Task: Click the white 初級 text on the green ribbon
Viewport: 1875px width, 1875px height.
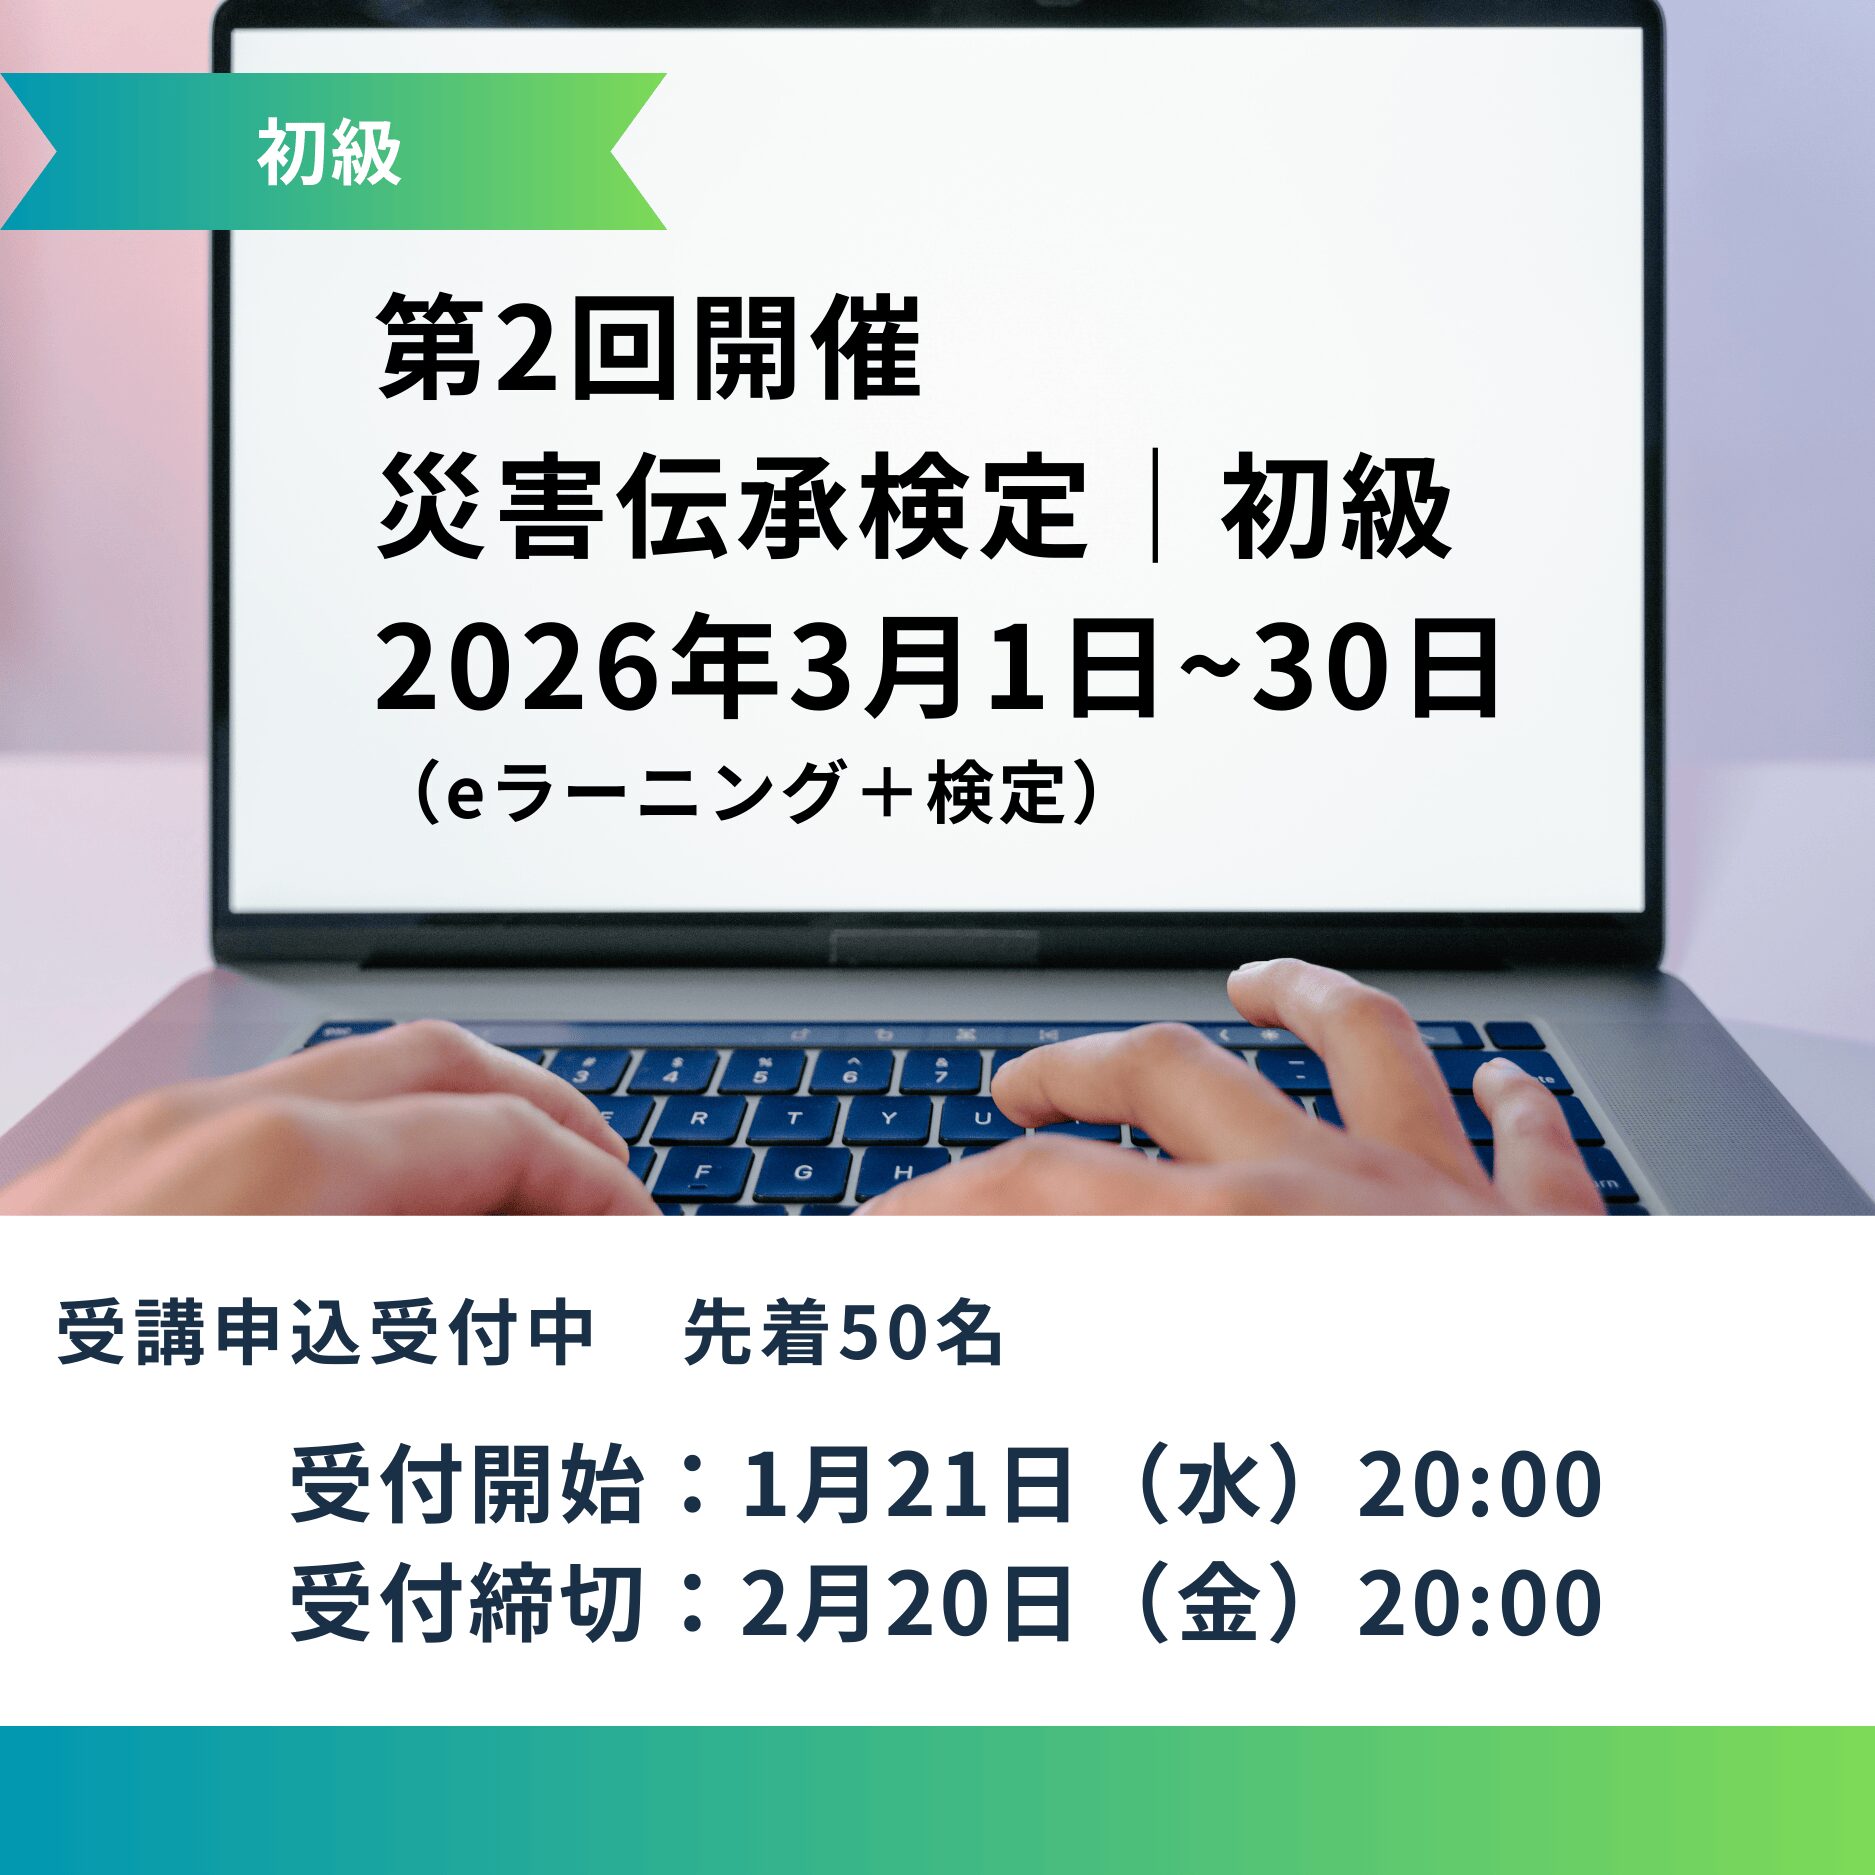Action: [329, 153]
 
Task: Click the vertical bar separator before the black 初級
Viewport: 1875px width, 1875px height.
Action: [1155, 507]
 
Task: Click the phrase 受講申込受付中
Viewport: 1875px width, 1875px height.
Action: [326, 1332]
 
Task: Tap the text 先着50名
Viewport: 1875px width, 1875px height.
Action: [843, 1332]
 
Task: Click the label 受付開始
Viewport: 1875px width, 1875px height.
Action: [467, 1486]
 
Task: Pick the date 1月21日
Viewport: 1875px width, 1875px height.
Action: [907, 1486]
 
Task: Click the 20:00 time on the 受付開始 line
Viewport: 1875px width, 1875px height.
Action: [1479, 1486]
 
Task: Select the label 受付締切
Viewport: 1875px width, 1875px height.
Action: [467, 1603]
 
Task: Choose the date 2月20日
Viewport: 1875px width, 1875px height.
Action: [907, 1603]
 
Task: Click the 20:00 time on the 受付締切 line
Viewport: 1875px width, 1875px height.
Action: [1479, 1603]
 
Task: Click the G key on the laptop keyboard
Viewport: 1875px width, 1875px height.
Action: [801, 1172]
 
